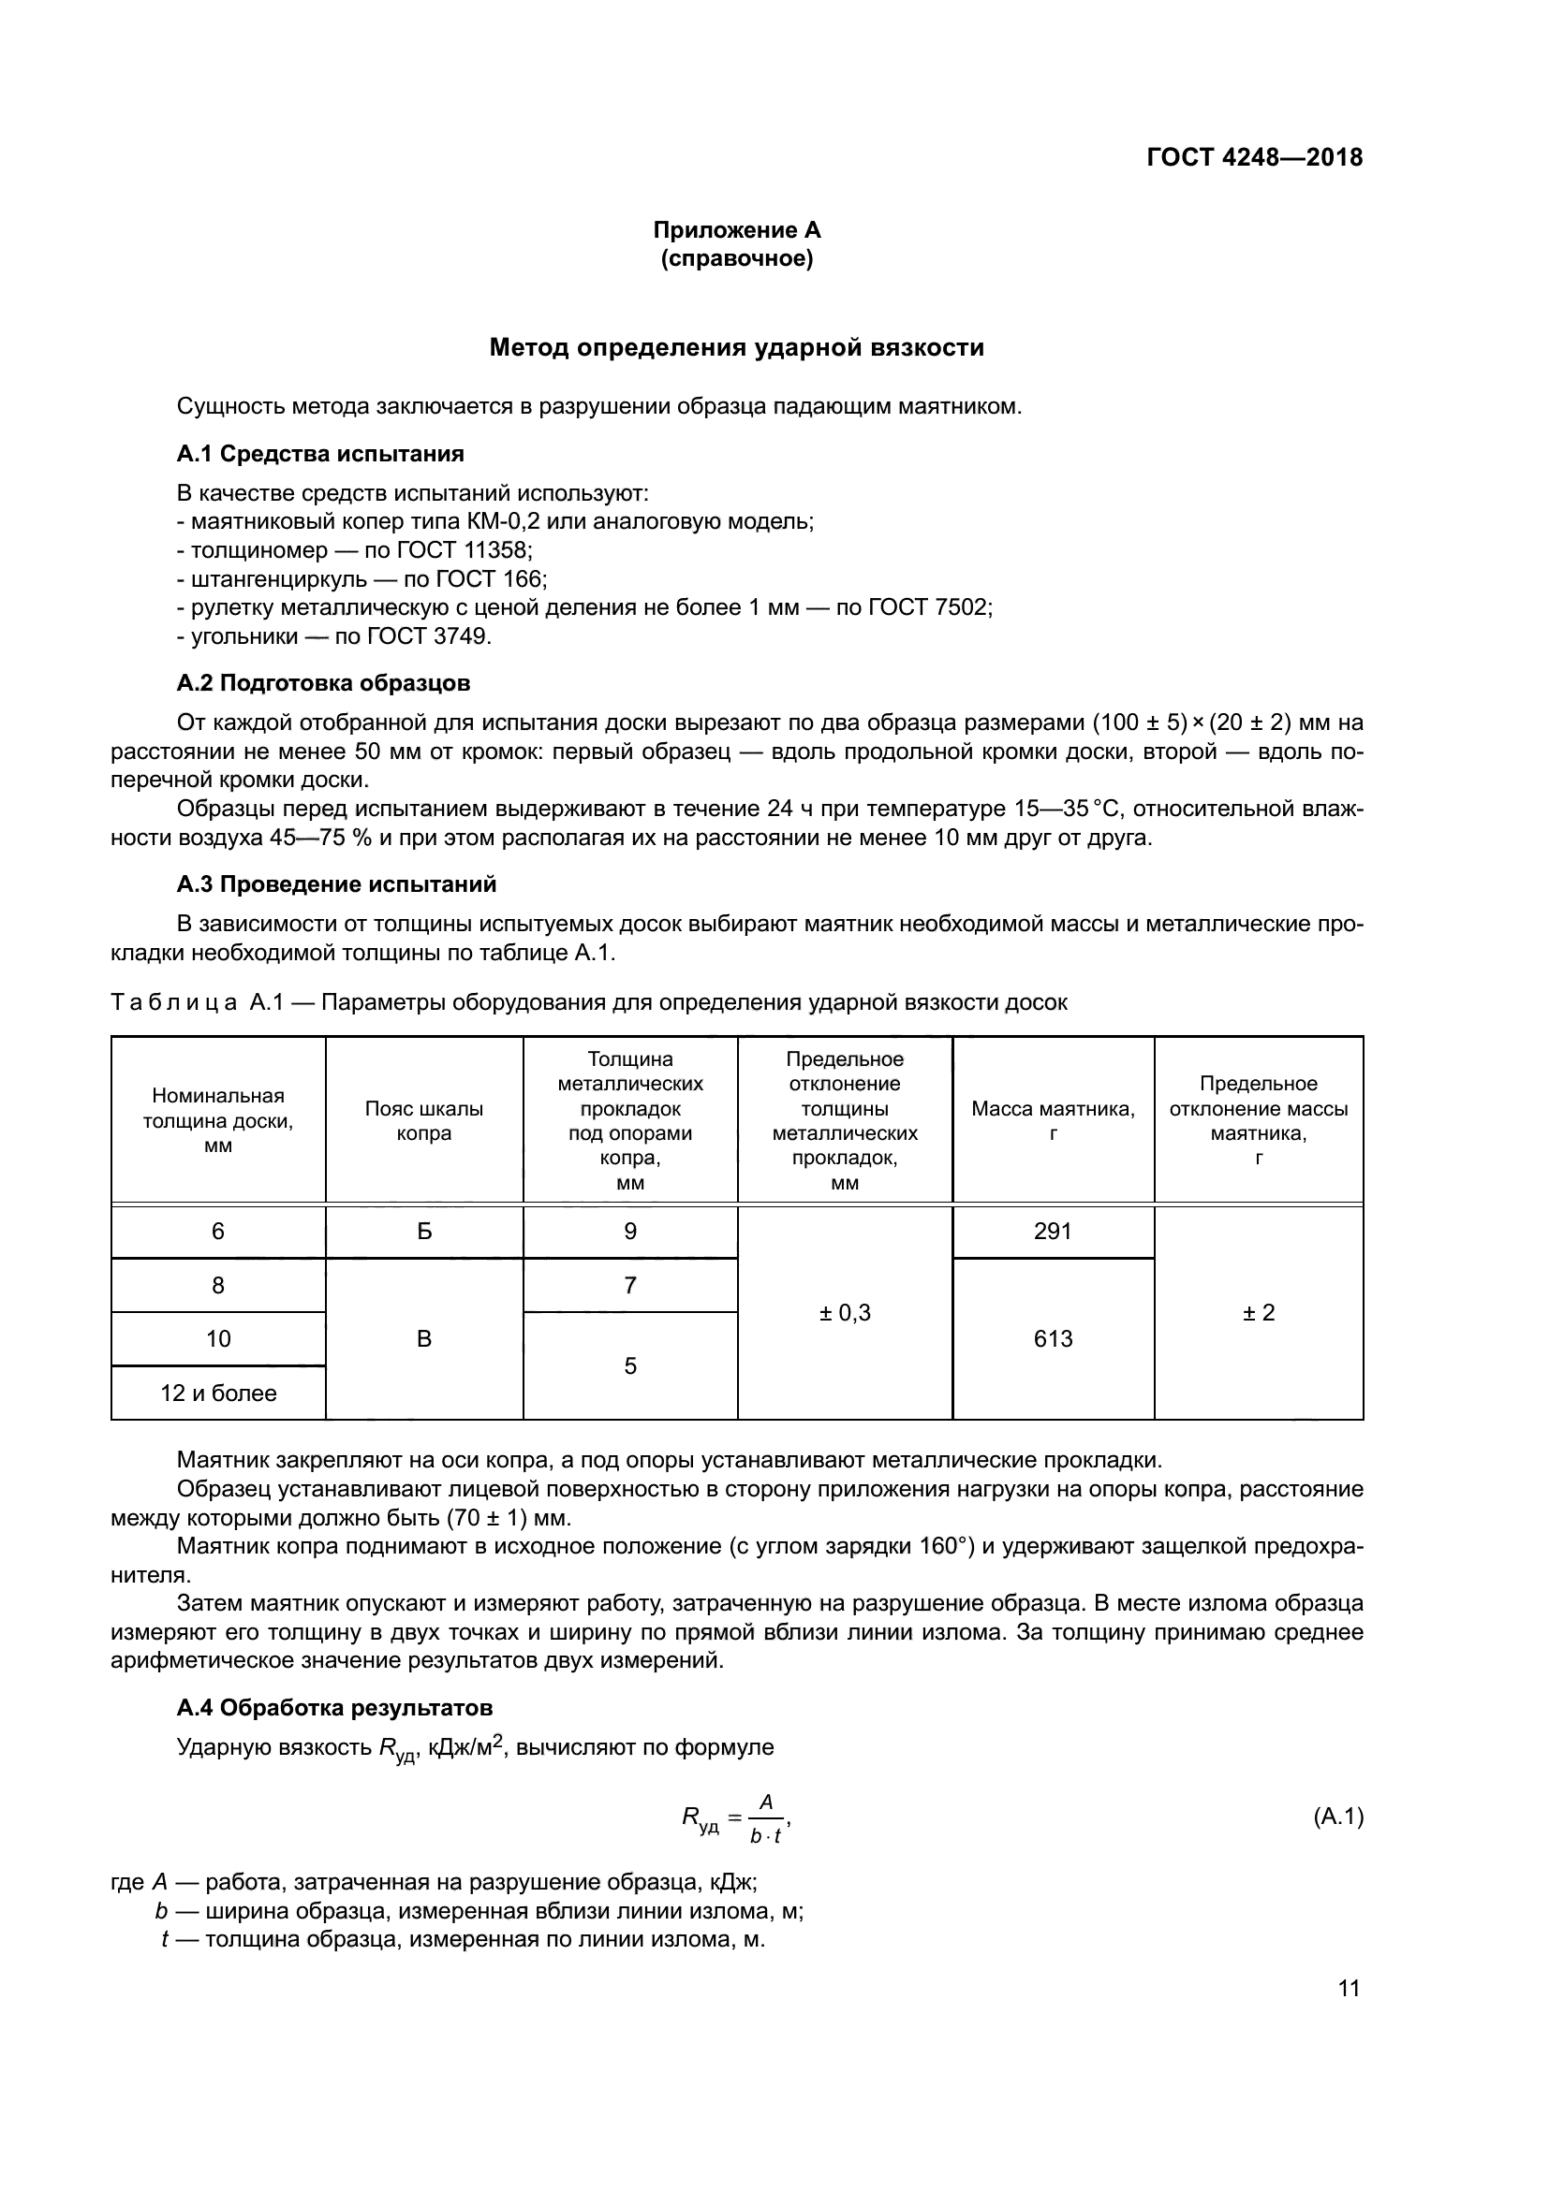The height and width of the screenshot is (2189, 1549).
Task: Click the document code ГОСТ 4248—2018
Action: coord(1253,157)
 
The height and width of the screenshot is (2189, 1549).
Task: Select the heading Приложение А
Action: coord(736,230)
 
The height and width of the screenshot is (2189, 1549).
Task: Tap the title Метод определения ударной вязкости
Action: coord(736,348)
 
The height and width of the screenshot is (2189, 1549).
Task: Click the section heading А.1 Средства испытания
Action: coord(320,454)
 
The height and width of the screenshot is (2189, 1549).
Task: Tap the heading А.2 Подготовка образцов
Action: coord(323,682)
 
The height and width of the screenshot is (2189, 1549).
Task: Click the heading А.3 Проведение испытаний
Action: coord(337,883)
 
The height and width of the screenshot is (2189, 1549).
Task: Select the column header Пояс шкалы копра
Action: coord(424,1120)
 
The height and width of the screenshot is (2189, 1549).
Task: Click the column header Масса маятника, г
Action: coord(1053,1120)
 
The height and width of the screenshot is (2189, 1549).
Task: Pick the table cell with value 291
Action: coord(1053,1231)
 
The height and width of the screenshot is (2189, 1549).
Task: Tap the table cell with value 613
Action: coord(1053,1338)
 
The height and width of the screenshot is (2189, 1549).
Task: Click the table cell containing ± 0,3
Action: coord(845,1313)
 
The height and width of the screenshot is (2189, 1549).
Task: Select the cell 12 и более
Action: coord(218,1393)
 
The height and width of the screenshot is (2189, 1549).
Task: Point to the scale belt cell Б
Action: coord(424,1231)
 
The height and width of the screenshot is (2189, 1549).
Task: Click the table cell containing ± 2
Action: coord(1258,1313)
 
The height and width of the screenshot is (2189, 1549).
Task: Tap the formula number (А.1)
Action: coord(1338,1817)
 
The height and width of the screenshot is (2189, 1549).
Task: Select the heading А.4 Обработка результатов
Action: coord(334,1707)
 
